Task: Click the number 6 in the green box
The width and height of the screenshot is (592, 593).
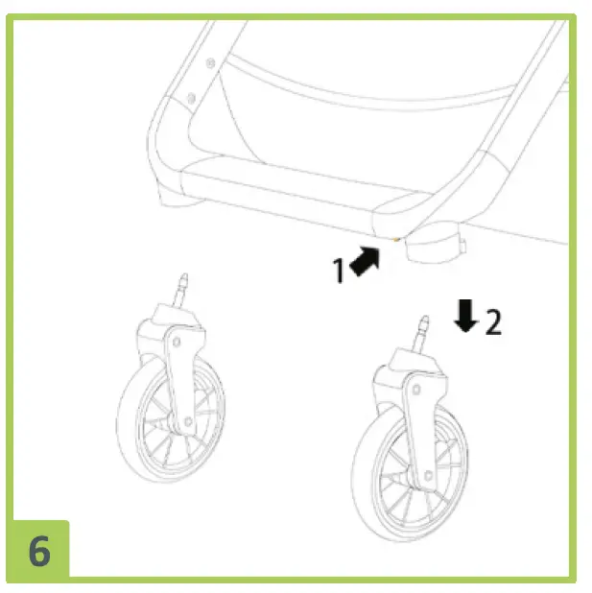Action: coord(38,551)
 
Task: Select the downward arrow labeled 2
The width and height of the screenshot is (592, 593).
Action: coord(466,316)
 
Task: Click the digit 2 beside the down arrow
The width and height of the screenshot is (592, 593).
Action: coord(491,322)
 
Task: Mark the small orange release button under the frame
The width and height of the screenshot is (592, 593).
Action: coord(394,237)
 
